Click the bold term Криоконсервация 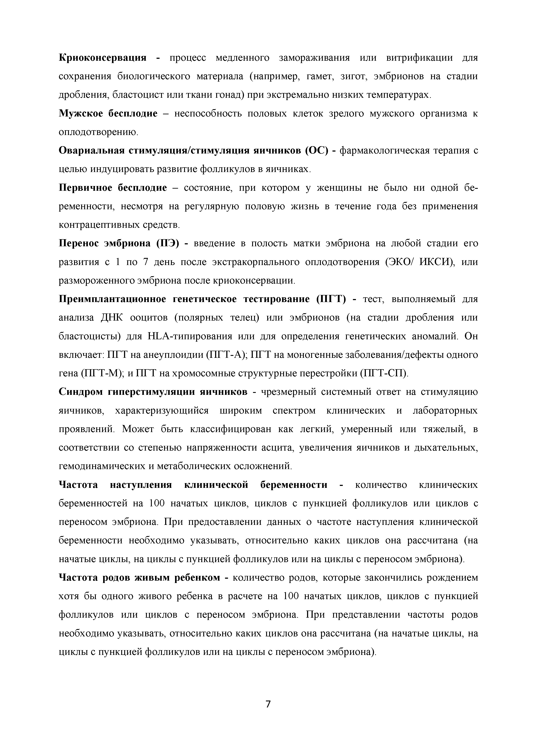(x=102, y=58)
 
